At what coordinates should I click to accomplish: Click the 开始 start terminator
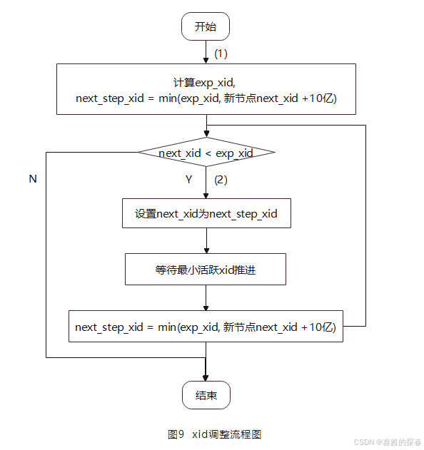pos(206,26)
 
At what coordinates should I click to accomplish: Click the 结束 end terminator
pos(206,395)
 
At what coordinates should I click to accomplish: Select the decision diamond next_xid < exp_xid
pos(206,153)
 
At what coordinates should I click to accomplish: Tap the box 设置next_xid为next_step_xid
pos(206,213)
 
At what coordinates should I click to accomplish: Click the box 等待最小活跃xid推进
pos(206,270)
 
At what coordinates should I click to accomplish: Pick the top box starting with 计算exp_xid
pos(206,89)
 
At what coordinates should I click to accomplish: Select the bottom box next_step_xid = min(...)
pos(206,327)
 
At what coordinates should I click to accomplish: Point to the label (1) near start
pos(221,53)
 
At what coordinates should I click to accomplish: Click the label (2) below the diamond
pos(221,180)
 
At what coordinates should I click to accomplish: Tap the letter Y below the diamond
pos(189,180)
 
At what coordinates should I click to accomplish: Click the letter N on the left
pos(32,179)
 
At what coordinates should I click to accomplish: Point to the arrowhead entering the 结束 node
pos(206,377)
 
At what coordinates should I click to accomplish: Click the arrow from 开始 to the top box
pos(206,52)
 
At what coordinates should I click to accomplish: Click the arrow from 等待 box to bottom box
pos(206,298)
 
